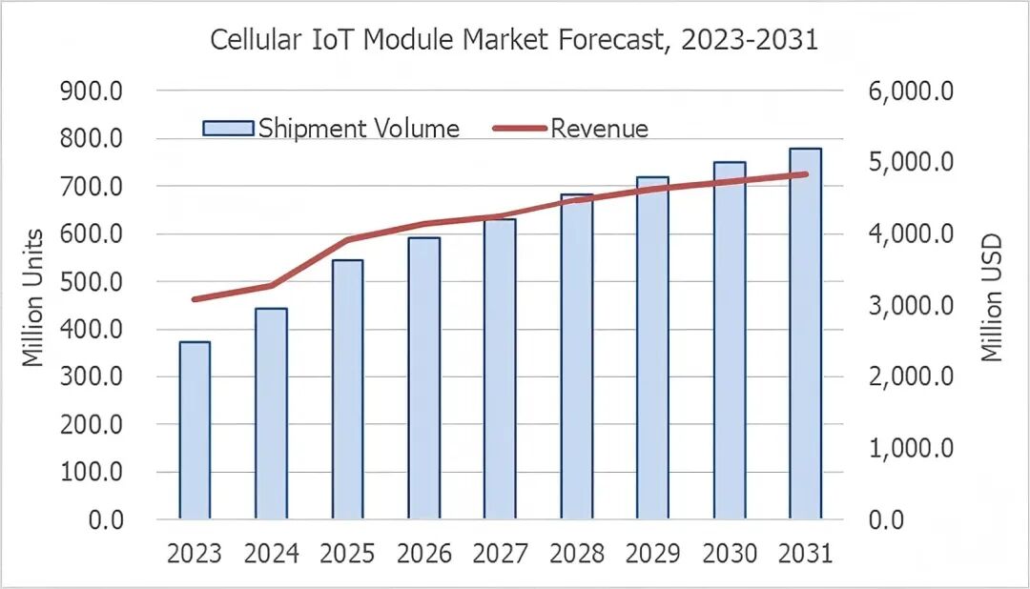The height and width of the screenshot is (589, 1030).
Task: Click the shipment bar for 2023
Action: pyautogui.click(x=195, y=431)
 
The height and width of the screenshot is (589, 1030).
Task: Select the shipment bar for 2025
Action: pyautogui.click(x=347, y=390)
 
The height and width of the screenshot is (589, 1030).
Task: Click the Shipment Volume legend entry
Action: pyautogui.click(x=331, y=129)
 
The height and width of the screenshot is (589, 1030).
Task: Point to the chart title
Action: pyautogui.click(x=514, y=40)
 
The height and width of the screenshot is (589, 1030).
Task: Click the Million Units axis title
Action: pyautogui.click(x=33, y=298)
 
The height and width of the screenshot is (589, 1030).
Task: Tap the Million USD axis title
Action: pyautogui.click(x=992, y=298)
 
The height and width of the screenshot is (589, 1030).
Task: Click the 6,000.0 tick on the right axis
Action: pyautogui.click(x=911, y=91)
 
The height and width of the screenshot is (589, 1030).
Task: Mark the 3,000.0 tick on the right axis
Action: pyautogui.click(x=911, y=306)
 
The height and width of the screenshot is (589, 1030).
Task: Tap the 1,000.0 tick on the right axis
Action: pyautogui.click(x=911, y=448)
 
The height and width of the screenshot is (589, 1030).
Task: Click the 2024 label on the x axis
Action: pyautogui.click(x=271, y=554)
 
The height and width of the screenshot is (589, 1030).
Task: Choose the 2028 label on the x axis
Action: pyautogui.click(x=576, y=554)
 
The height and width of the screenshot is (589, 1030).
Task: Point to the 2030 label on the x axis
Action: pyautogui.click(x=729, y=554)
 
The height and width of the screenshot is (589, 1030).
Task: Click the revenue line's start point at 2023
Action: pyautogui.click(x=195, y=299)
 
